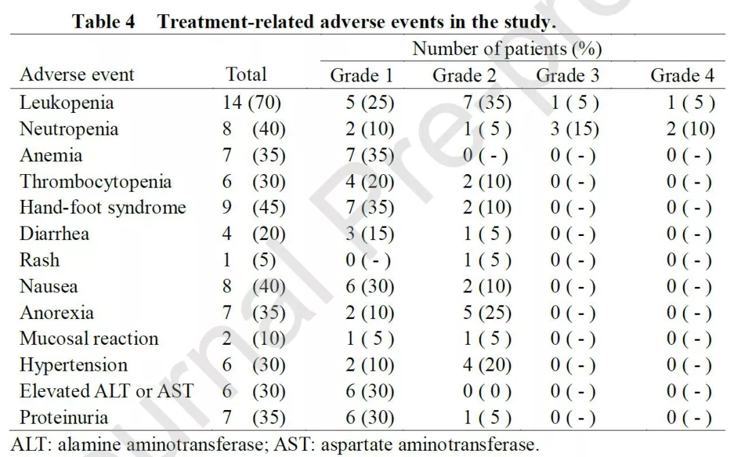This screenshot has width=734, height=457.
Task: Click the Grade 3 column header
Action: coord(567,75)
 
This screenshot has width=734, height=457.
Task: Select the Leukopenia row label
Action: coord(67,103)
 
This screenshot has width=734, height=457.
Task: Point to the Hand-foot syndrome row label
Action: coord(103,207)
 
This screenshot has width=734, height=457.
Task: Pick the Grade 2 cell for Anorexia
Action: coord(486,313)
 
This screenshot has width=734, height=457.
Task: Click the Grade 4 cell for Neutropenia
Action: coord(691,129)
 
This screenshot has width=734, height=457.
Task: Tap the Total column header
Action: coord(246,74)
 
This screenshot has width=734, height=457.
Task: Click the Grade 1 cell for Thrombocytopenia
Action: coord(369,182)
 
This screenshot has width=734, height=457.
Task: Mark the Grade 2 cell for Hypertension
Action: coord(486,365)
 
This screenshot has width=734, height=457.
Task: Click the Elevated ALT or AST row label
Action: coord(106,391)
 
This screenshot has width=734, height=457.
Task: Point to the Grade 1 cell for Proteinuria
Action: coord(369,418)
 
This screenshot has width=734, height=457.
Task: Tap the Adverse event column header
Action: coord(77,74)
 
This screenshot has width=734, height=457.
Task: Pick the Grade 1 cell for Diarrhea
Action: coord(369,235)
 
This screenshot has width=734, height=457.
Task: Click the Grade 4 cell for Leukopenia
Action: coord(691,103)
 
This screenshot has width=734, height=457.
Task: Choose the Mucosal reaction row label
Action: coord(89,339)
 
